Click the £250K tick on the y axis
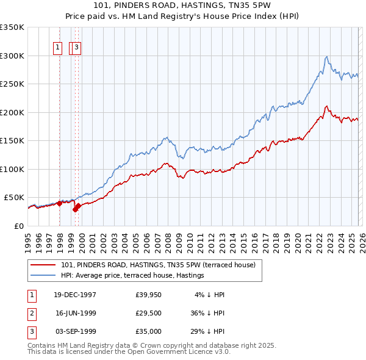pyautogui.click(x=12, y=84)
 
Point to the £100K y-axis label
pyautogui.click(x=12, y=169)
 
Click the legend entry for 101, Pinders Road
pyautogui.click(x=161, y=265)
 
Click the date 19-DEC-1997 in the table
pyautogui.click(x=75, y=294)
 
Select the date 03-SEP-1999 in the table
pyautogui.click(x=75, y=331)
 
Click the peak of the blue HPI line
pyautogui.click(x=327, y=57)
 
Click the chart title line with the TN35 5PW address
pyautogui.click(x=183, y=7)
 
